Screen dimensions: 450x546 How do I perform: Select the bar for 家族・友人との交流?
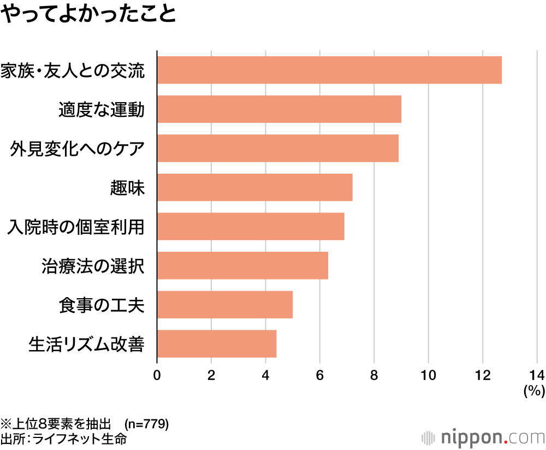329,70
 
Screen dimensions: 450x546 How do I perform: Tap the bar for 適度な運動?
279,109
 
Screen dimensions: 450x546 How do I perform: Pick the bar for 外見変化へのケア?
278,148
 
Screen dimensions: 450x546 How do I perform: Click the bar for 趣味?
255,187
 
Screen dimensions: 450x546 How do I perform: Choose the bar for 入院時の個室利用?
251,226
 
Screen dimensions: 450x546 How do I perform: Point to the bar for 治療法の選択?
242,265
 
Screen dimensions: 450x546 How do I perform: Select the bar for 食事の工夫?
225,304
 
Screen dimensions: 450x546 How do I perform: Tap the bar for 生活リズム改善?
217,344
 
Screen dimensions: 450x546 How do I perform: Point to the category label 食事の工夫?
101,304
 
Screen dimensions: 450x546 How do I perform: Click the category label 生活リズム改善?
86,344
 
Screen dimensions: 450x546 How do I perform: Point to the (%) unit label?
534,391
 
